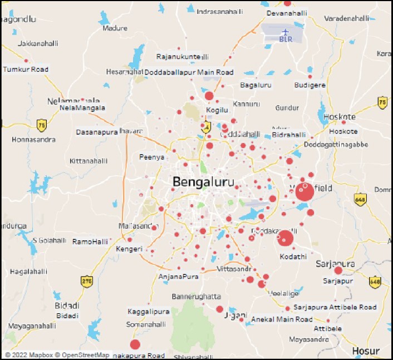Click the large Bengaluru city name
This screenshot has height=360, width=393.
tap(203, 182)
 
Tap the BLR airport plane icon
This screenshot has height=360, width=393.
tap(286, 31)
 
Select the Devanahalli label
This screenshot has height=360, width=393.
tap(287, 12)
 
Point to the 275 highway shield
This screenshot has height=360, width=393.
tap(86, 281)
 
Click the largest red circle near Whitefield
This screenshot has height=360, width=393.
tap(304, 192)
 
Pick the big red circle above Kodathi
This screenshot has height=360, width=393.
tap(286, 238)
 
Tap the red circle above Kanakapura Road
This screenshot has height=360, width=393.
tap(135, 344)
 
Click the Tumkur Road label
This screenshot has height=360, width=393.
tap(26, 70)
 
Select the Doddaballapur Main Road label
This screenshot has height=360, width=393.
tap(189, 72)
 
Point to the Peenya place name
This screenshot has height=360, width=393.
tap(152, 157)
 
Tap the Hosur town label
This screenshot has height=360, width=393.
tap(366, 351)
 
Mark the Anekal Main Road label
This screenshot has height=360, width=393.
tap(282, 319)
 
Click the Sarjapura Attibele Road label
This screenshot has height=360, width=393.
tap(335, 307)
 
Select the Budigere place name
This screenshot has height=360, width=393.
tap(310, 85)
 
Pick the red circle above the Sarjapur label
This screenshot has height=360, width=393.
tap(338, 270)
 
